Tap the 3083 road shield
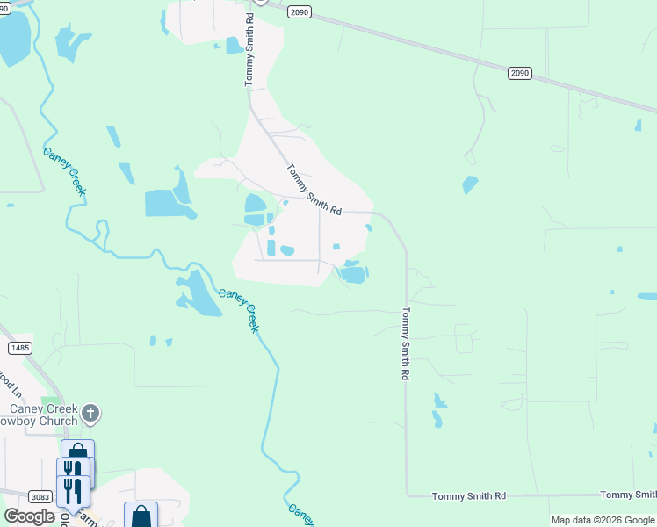39,496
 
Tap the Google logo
29,516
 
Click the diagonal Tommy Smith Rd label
314,190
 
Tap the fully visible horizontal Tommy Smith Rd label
469,496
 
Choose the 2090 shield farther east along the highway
519,74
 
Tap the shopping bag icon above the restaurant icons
77,452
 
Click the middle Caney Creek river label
239,311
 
